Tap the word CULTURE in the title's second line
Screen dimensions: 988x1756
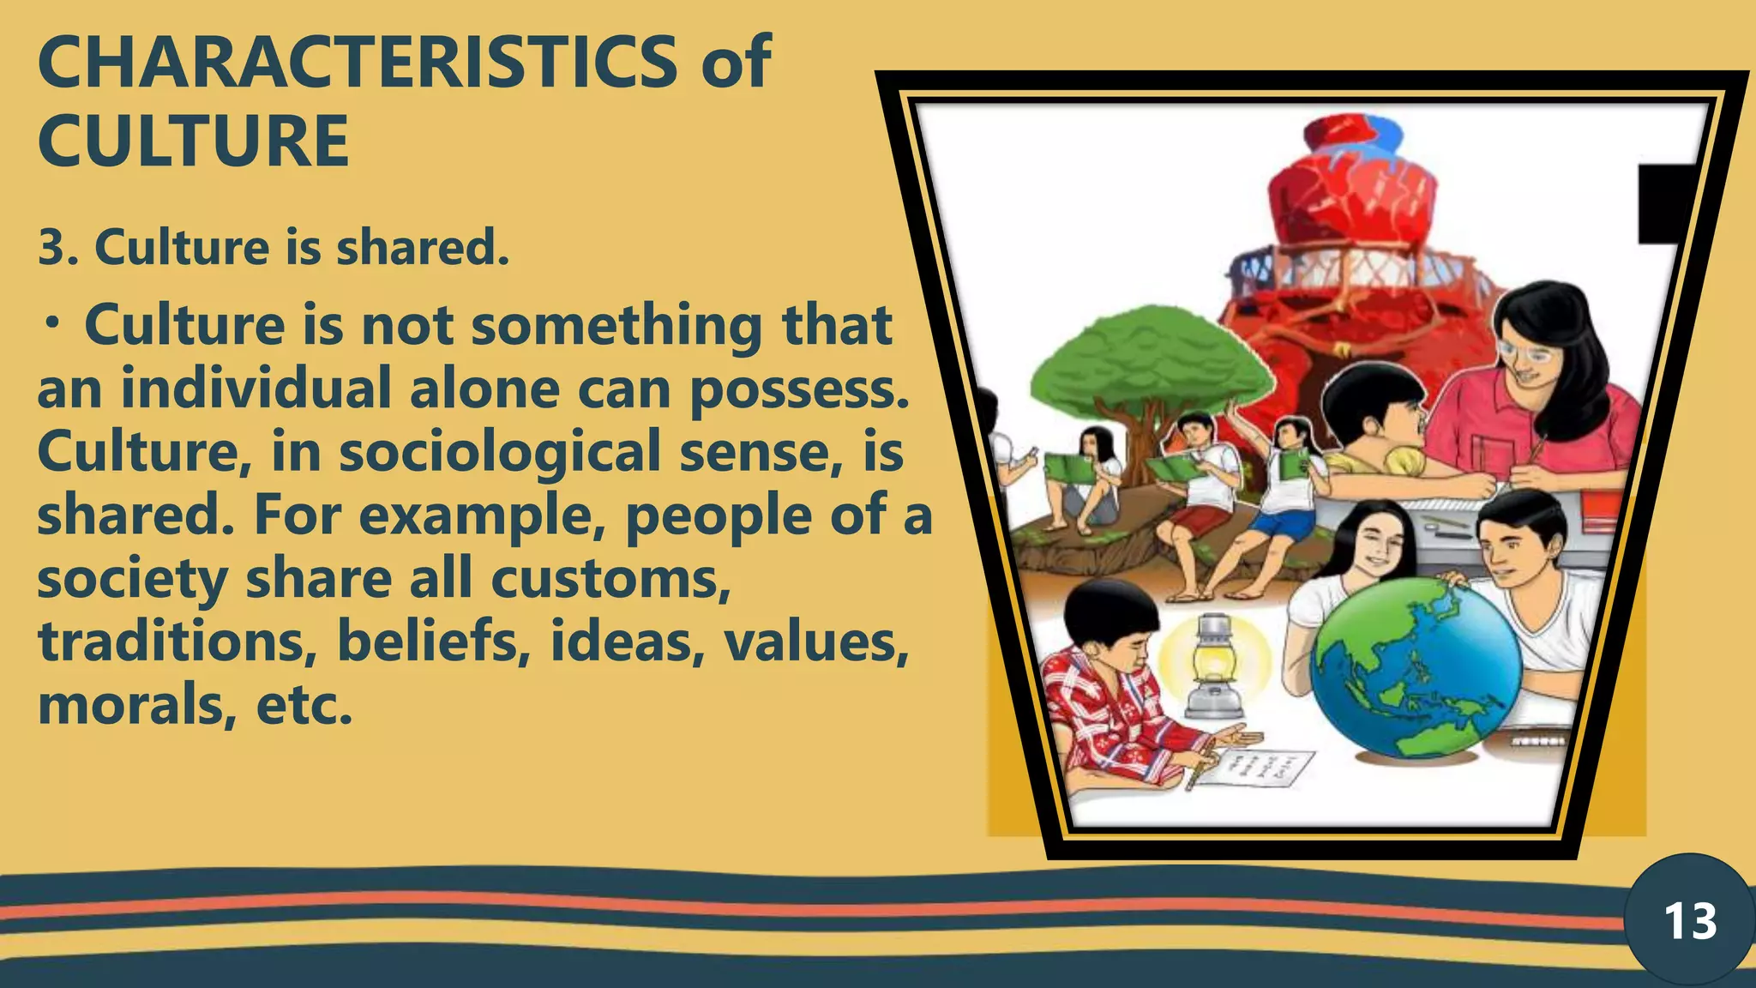click(x=194, y=142)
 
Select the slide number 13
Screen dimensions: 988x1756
click(x=1690, y=922)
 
